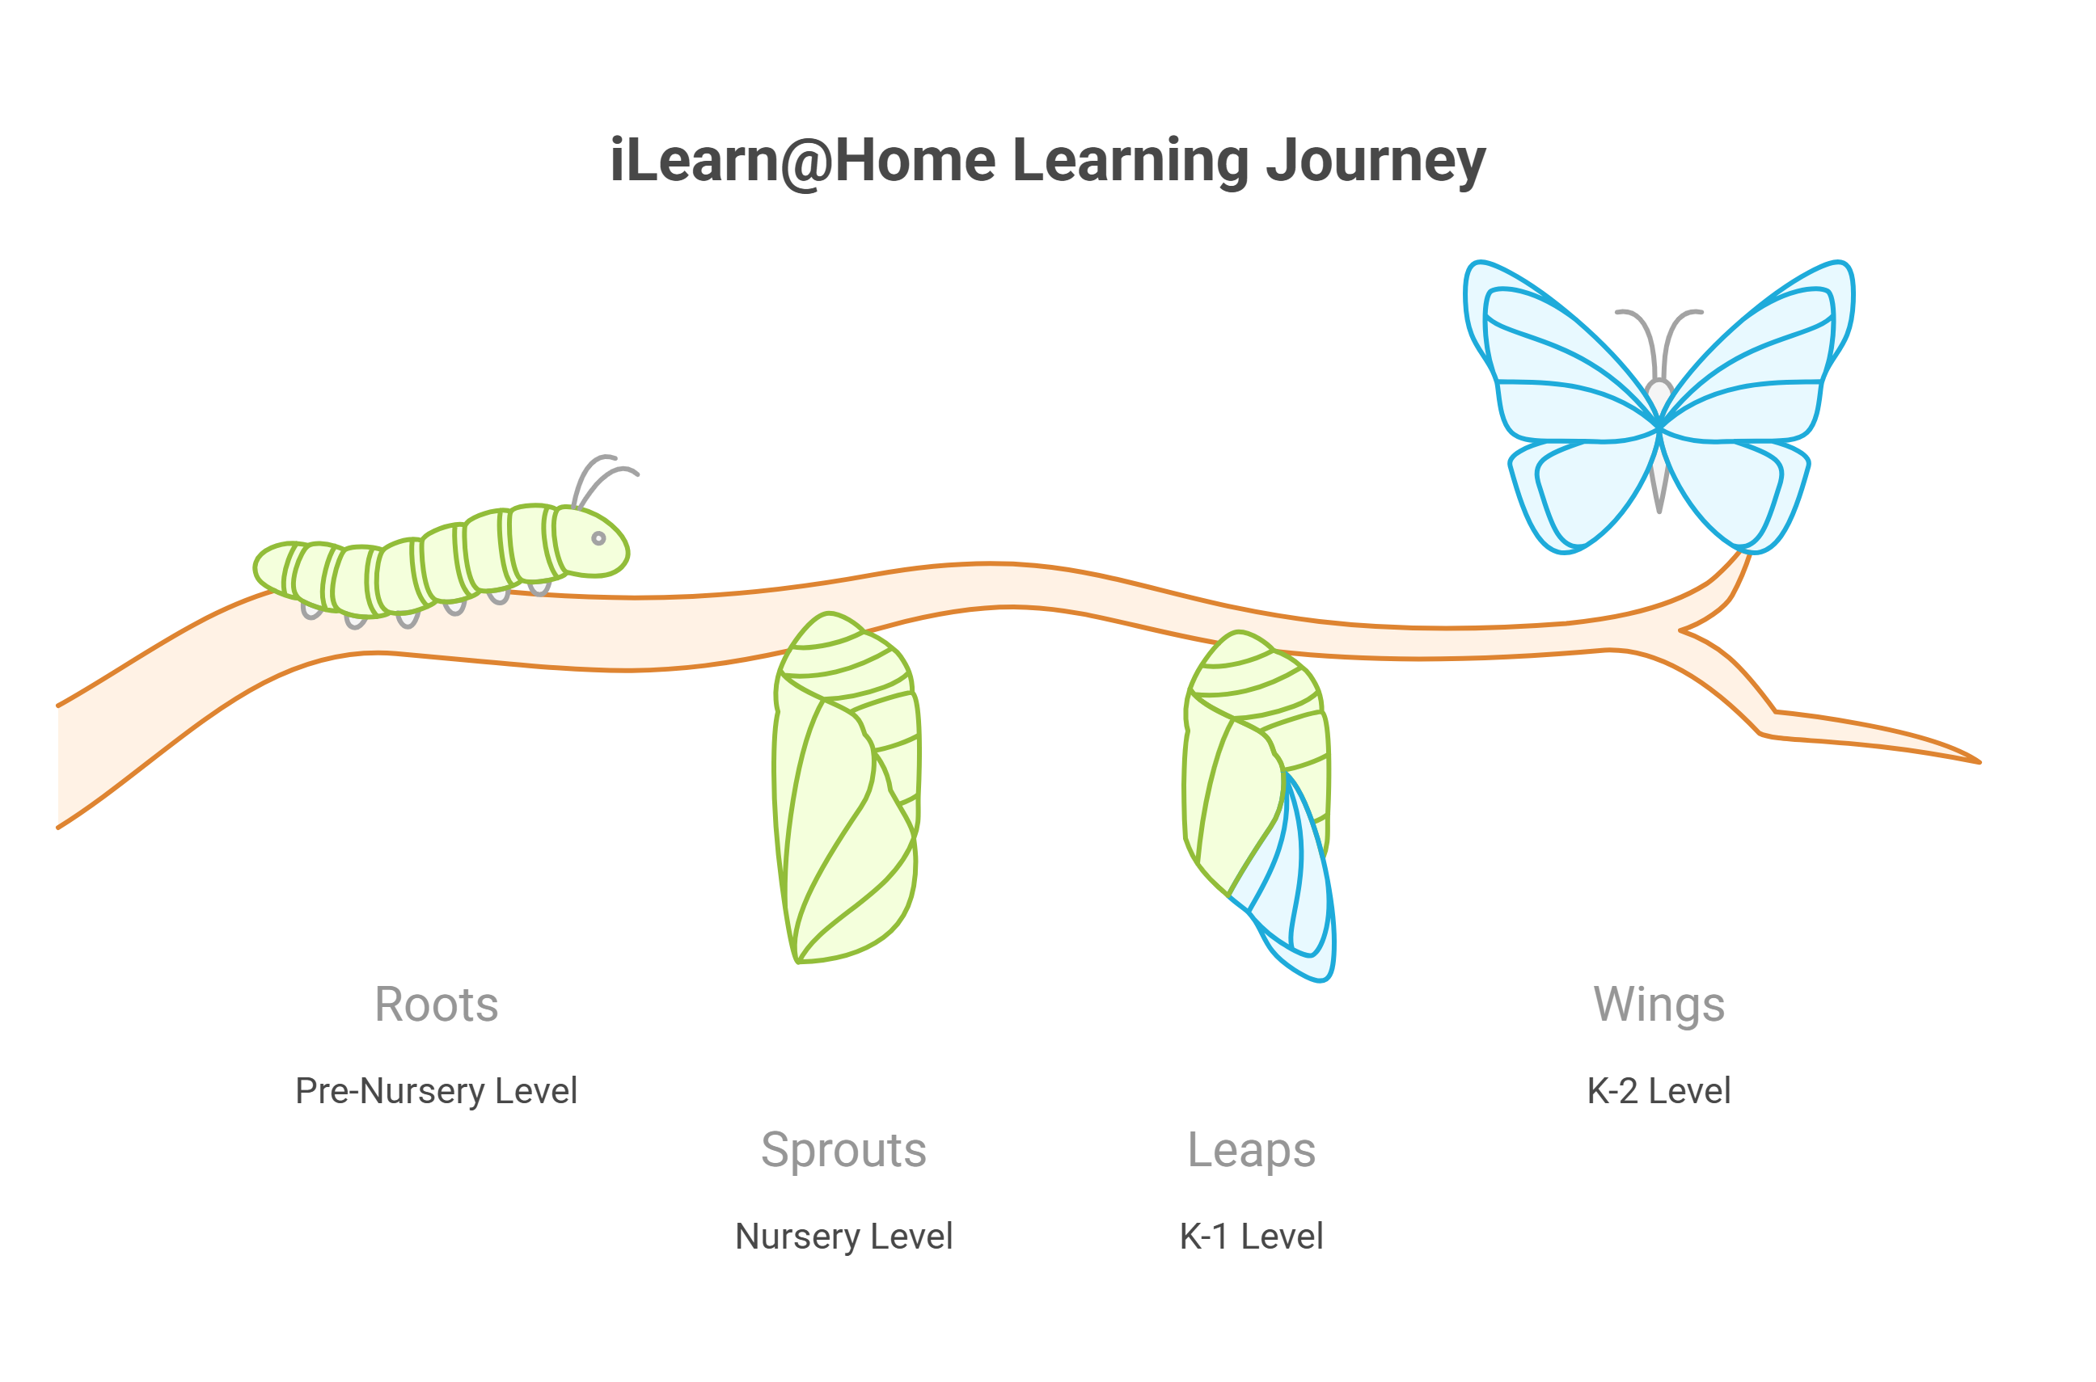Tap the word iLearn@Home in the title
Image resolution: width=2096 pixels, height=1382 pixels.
pyautogui.click(x=802, y=162)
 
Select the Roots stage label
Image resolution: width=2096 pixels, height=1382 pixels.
pyautogui.click(x=437, y=1004)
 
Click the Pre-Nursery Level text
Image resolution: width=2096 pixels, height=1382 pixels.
pyautogui.click(x=436, y=1091)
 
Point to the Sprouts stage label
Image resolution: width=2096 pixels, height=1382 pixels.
pyautogui.click(x=844, y=1150)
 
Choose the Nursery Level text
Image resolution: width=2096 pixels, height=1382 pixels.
pyautogui.click(x=844, y=1237)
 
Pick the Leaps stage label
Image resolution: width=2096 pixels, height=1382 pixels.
pyautogui.click(x=1251, y=1150)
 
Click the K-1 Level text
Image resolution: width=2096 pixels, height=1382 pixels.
pyautogui.click(x=1251, y=1237)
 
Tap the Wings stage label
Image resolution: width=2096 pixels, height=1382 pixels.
pyautogui.click(x=1659, y=1004)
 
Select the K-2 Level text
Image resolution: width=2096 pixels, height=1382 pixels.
pyautogui.click(x=1659, y=1091)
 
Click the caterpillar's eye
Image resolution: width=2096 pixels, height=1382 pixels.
pyautogui.click(x=598, y=538)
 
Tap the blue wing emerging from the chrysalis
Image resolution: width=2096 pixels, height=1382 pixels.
pyautogui.click(x=1296, y=890)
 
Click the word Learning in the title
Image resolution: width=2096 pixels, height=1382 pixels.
pyautogui.click(x=1130, y=162)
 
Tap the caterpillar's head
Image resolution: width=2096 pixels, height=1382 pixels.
pyautogui.click(x=591, y=542)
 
